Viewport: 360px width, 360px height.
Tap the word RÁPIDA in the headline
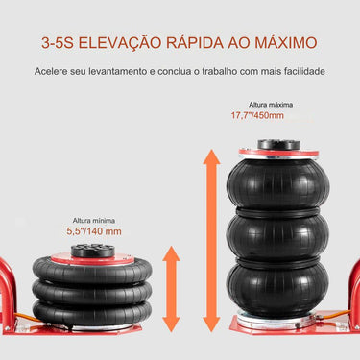click(210, 43)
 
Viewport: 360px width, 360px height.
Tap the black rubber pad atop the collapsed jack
click(91, 249)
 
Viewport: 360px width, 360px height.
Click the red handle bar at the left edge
click(9, 288)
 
